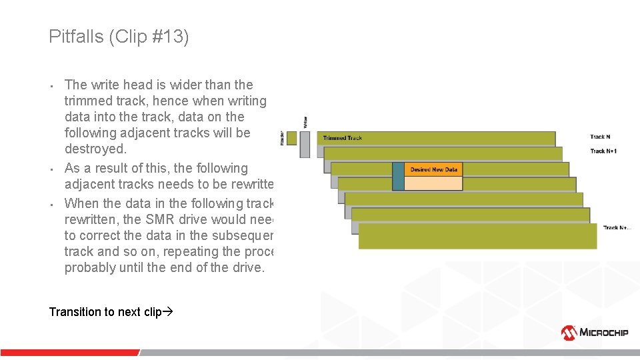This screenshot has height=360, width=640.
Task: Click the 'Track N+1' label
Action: pyautogui.click(x=603, y=151)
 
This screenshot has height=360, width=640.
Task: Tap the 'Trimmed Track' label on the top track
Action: pyautogui.click(x=343, y=138)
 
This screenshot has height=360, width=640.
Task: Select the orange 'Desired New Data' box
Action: pyautogui.click(x=433, y=169)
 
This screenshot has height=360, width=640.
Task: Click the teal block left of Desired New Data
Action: pyautogui.click(x=398, y=176)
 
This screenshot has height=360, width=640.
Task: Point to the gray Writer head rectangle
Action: pyautogui.click(x=305, y=144)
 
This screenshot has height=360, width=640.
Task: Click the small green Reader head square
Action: pyautogui.click(x=291, y=137)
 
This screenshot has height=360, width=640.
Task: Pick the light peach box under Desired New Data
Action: pyautogui.click(x=433, y=183)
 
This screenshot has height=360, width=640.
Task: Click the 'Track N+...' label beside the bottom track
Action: pyautogui.click(x=617, y=227)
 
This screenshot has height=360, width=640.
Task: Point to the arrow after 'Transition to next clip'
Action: pyautogui.click(x=167, y=312)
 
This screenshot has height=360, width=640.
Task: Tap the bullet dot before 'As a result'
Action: pyautogui.click(x=51, y=169)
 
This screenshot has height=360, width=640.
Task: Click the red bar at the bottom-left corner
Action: pyautogui.click(x=67, y=352)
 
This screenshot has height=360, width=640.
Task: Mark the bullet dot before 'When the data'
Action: pyautogui.click(x=51, y=204)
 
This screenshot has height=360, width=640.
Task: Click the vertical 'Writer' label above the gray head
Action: pyautogui.click(x=305, y=122)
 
